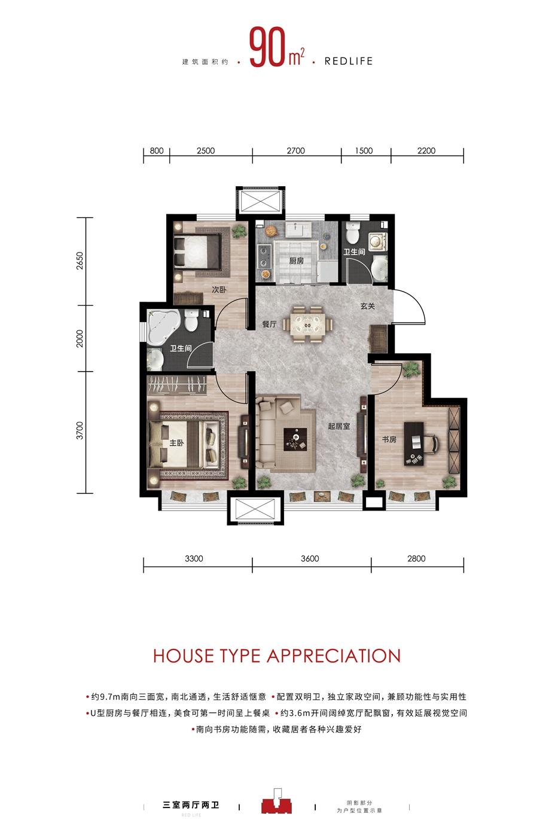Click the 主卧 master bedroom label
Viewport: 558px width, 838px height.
(176, 443)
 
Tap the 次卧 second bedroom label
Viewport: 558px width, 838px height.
(219, 290)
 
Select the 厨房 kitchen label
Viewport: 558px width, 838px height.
(296, 261)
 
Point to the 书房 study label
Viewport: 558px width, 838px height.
(389, 439)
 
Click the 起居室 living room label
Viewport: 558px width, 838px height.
(339, 426)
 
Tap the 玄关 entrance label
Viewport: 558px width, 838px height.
(367, 306)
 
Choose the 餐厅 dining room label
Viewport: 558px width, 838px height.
(269, 324)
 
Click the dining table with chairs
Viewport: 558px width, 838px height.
(307, 324)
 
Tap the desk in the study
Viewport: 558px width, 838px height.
(414, 444)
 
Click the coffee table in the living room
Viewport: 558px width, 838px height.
(295, 439)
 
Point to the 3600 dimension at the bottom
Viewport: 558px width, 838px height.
(310, 558)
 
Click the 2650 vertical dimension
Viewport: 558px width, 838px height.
(80, 261)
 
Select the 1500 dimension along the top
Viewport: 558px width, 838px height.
(364, 151)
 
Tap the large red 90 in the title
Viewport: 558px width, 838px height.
(267, 48)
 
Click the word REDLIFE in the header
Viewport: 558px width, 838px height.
(348, 61)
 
